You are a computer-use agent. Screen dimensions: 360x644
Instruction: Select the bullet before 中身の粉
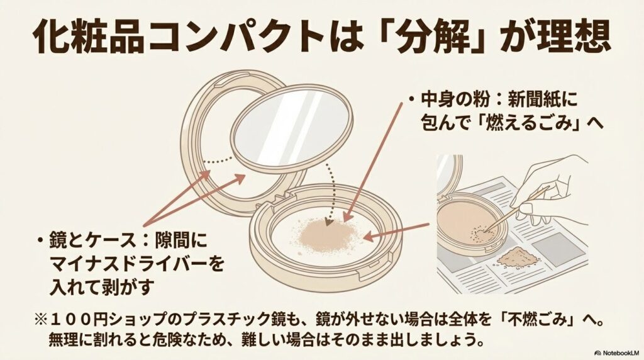pyautogui.click(x=410, y=101)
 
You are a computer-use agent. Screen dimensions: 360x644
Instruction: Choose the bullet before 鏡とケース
pyautogui.click(x=40, y=240)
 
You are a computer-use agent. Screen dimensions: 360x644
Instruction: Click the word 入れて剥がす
pyautogui.click(x=101, y=284)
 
